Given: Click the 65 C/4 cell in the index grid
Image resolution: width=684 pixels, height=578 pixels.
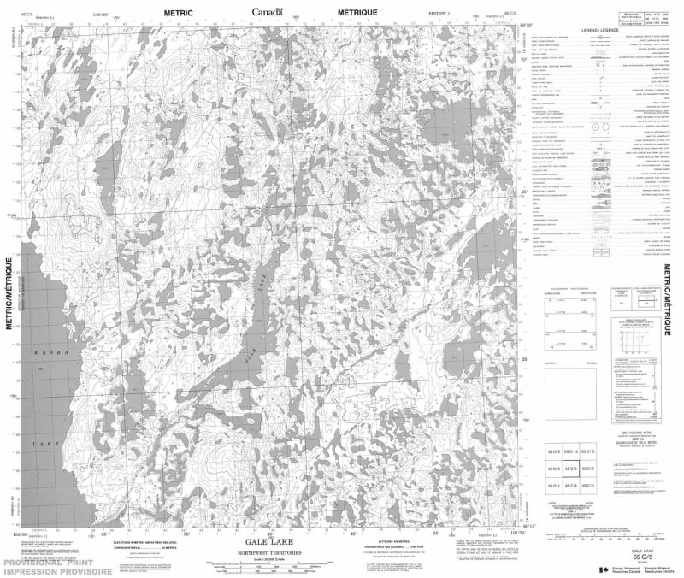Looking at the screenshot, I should click(571, 485).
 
